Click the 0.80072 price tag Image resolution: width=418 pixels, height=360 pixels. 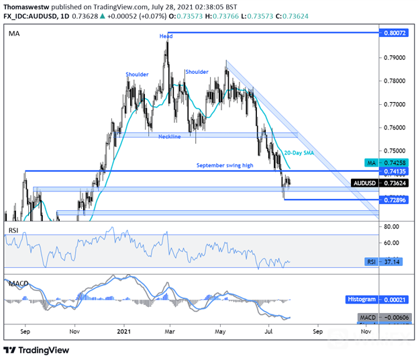click(x=393, y=32)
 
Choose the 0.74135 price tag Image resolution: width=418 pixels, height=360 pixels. click(x=393, y=172)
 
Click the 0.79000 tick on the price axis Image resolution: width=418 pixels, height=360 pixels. click(x=393, y=58)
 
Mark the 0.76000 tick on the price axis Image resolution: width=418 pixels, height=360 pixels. click(x=393, y=128)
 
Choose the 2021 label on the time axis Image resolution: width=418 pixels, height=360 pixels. click(x=123, y=332)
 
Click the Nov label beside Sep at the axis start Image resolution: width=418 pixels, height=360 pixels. click(x=75, y=332)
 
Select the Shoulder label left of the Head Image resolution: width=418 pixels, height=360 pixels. click(x=136, y=74)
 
